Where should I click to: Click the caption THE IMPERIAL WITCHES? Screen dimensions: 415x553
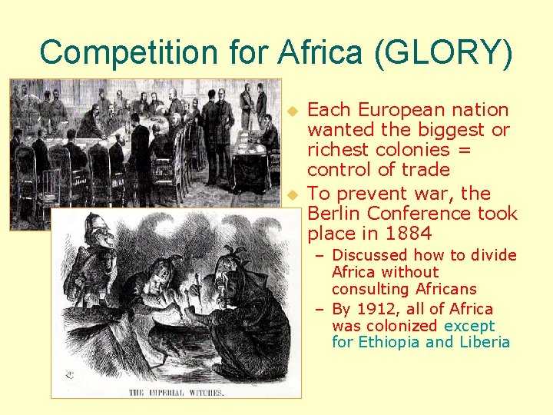click(x=177, y=392)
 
